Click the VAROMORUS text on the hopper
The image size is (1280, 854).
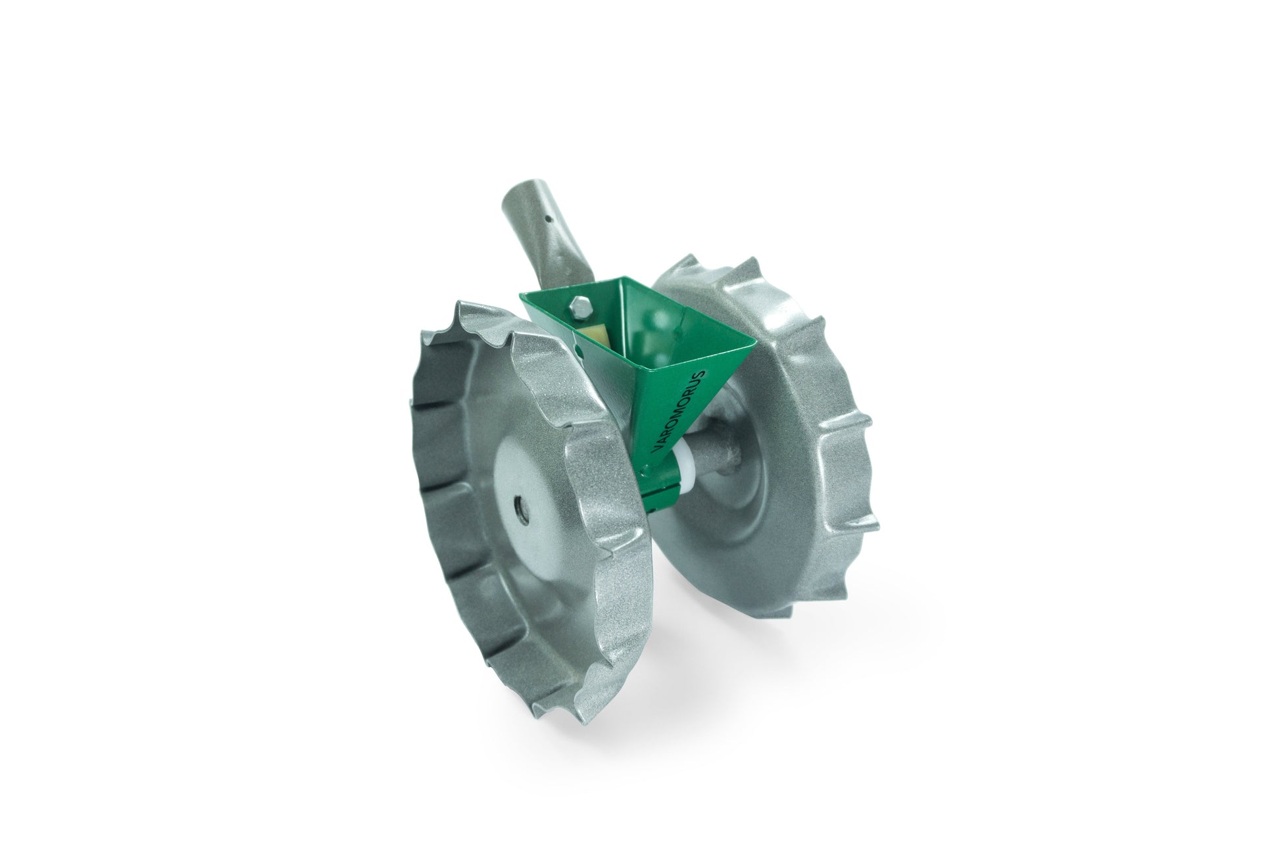[679, 411]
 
